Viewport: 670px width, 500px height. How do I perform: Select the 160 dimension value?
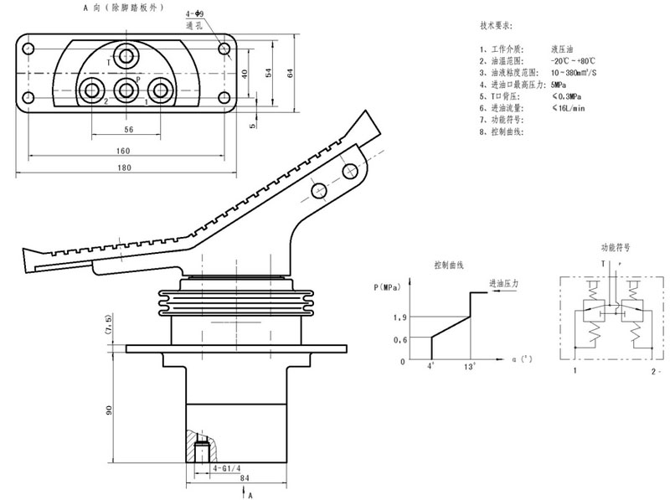click(x=123, y=151)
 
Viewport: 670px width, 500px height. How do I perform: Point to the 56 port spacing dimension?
click(x=128, y=130)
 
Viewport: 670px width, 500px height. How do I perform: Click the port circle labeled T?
click(x=127, y=58)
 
